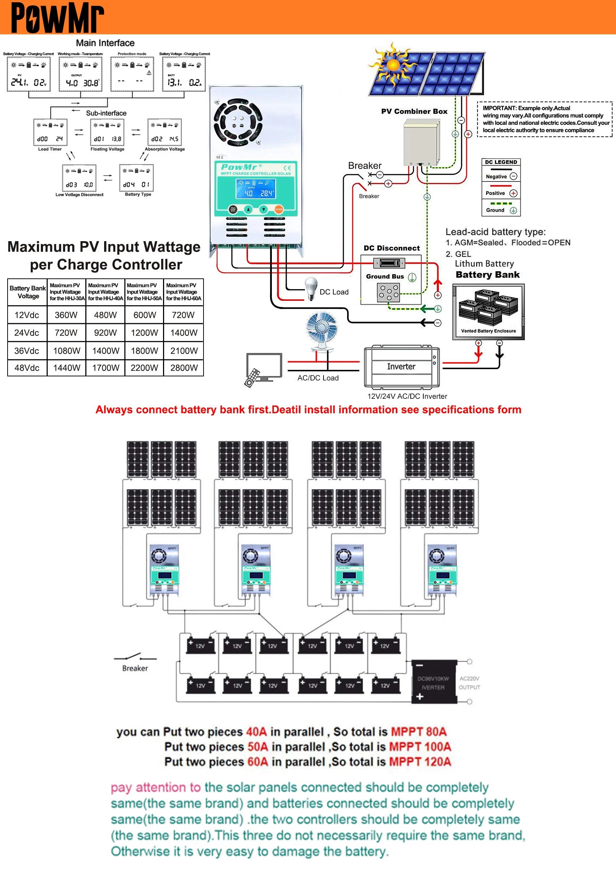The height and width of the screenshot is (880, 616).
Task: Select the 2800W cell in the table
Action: [x=184, y=368]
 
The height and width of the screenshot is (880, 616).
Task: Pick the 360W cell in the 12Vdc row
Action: [x=66, y=315]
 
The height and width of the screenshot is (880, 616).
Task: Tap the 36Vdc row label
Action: [x=26, y=351]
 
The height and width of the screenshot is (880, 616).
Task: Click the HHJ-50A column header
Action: [x=144, y=292]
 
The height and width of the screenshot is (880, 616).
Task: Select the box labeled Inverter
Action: [x=401, y=367]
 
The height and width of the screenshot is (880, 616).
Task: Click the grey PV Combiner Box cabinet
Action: [x=421, y=142]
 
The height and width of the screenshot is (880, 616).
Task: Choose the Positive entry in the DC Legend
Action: [x=501, y=193]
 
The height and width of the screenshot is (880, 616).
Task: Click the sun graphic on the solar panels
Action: [x=392, y=65]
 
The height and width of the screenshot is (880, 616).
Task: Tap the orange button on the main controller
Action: [x=279, y=209]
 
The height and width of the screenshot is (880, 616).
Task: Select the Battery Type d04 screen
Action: [x=136, y=178]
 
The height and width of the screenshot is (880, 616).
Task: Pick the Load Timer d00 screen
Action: [x=50, y=133]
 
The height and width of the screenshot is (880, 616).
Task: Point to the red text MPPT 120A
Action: [x=420, y=761]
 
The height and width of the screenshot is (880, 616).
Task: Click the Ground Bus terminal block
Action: [x=388, y=293]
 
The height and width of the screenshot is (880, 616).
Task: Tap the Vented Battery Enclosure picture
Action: [x=488, y=311]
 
